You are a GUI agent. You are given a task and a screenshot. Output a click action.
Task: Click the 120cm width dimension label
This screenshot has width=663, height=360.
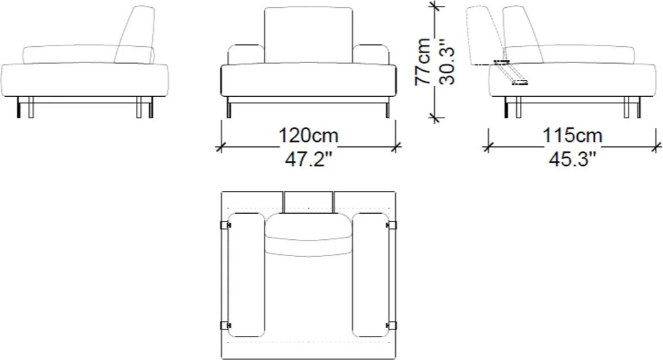308,136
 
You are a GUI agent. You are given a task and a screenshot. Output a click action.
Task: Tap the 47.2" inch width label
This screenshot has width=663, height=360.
308,159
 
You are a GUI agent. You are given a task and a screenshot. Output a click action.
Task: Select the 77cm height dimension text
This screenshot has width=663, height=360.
422,62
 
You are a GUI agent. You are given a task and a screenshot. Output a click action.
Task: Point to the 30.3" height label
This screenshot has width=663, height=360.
447,62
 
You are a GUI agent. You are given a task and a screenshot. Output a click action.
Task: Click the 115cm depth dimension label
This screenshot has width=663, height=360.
572,136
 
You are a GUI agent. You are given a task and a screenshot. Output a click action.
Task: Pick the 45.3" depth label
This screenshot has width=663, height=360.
572,159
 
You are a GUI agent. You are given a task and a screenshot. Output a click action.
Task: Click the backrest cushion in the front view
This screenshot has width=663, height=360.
308,36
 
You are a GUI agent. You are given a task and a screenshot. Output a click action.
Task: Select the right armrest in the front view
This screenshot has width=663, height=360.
370,54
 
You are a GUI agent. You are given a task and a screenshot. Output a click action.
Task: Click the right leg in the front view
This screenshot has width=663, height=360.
387,109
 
